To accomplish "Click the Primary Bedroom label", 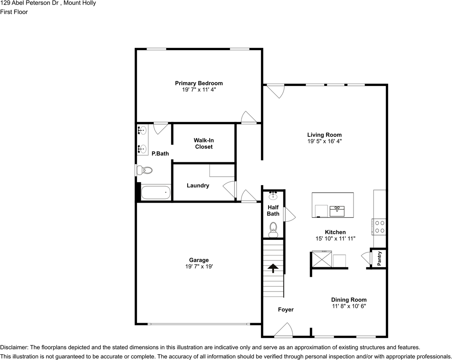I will pyautogui.click(x=199, y=83).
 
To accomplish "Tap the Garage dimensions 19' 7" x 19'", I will pyautogui.click(x=199, y=267).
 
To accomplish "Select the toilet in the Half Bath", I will pyautogui.click(x=273, y=230).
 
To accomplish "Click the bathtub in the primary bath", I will pyautogui.click(x=156, y=193).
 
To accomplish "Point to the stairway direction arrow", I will pyautogui.click(x=272, y=269).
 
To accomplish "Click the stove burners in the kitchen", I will pyautogui.click(x=380, y=227).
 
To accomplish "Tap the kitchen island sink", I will pyautogui.click(x=337, y=211).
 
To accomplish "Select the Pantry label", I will pyautogui.click(x=379, y=259).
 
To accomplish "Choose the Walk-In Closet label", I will pyautogui.click(x=204, y=143).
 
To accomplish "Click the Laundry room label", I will pyautogui.click(x=198, y=186).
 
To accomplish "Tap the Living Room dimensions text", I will pyautogui.click(x=324, y=141).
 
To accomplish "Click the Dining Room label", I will pyautogui.click(x=349, y=300).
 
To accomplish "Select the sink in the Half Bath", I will pyautogui.click(x=273, y=196).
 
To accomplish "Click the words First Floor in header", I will pyautogui.click(x=14, y=12).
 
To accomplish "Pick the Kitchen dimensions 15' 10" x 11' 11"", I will pyautogui.click(x=335, y=238).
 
